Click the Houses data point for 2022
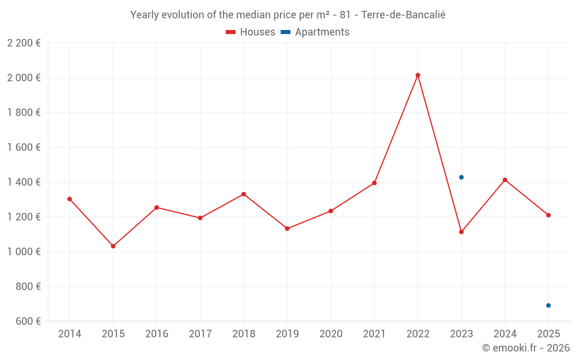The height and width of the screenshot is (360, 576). click(418, 75)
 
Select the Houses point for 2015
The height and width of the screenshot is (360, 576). click(113, 246)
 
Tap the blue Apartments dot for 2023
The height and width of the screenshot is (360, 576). click(461, 177)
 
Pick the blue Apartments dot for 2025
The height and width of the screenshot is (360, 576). click(548, 305)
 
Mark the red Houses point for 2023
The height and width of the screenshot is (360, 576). click(461, 232)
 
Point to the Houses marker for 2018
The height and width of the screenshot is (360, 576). click(244, 194)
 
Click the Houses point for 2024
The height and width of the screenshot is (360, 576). click(505, 180)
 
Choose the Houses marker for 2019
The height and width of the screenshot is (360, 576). click(287, 229)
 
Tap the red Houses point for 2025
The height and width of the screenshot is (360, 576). click(548, 215)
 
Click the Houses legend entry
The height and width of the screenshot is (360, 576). click(251, 32)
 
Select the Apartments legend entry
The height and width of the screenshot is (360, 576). click(315, 32)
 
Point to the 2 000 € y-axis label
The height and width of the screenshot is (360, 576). click(24, 78)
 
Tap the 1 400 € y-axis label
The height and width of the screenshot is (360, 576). click(24, 182)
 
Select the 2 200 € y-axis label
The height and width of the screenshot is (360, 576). click(24, 43)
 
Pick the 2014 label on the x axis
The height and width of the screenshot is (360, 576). click(70, 334)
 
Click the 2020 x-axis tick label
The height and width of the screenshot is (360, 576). click(331, 334)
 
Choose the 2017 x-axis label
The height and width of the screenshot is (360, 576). click(200, 334)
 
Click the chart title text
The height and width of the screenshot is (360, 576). click(288, 15)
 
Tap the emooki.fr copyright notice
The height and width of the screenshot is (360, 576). click(526, 348)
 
